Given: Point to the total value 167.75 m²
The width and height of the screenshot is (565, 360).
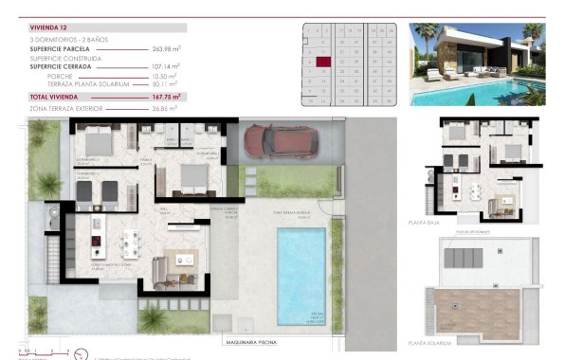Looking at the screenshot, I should (x=165, y=97).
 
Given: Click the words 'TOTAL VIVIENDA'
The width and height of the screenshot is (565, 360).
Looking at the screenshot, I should (x=53, y=97).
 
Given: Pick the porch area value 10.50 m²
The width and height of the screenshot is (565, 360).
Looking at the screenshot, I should (x=167, y=77).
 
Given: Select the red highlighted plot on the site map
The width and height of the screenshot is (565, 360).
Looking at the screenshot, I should (x=323, y=62).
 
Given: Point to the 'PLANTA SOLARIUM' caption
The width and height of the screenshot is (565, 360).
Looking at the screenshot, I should (x=431, y=343).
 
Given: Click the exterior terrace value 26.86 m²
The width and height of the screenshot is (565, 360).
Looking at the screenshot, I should (x=167, y=110).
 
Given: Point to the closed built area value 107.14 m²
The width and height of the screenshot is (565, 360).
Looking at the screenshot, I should (x=166, y=66).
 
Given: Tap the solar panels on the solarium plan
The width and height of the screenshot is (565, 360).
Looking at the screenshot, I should (x=471, y=258).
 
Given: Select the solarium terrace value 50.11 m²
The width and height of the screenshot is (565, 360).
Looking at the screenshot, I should (x=167, y=84).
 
